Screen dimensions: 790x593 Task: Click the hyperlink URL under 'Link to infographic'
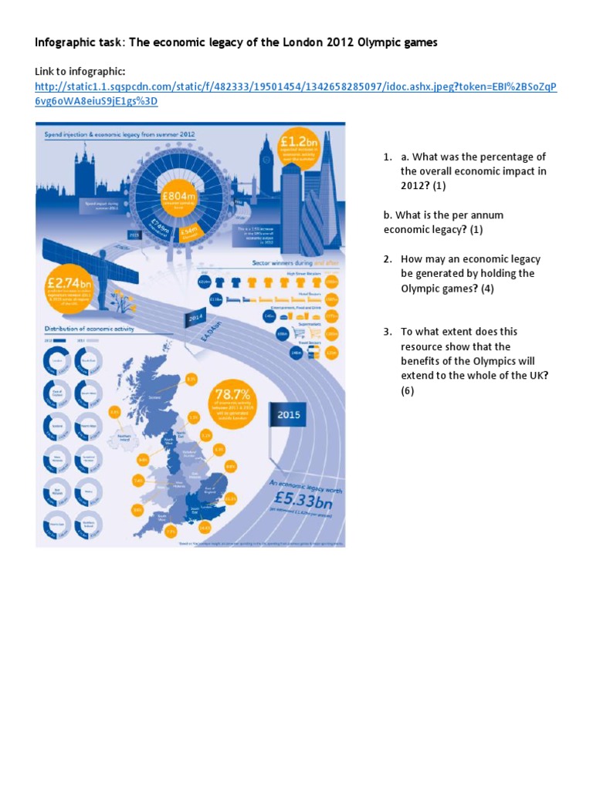click(296, 94)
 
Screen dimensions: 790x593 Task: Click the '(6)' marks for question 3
click(407, 390)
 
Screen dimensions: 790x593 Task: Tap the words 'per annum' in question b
click(479, 215)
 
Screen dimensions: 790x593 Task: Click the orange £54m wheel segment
click(188, 231)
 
